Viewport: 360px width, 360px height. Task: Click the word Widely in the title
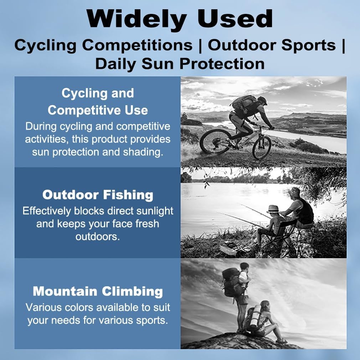(137, 20)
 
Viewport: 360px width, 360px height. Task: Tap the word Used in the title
(235, 19)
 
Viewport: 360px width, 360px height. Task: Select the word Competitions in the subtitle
(137, 45)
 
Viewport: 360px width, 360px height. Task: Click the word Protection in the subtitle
(222, 63)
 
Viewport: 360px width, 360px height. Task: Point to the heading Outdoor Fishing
(98, 195)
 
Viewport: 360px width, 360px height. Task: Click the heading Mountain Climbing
(98, 291)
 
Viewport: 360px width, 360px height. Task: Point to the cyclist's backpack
(245, 103)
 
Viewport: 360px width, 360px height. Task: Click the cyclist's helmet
(262, 100)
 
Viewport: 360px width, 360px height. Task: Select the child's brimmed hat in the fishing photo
(273, 209)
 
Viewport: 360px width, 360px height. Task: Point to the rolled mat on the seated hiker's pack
(256, 317)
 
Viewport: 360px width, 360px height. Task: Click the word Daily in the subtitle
(115, 64)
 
